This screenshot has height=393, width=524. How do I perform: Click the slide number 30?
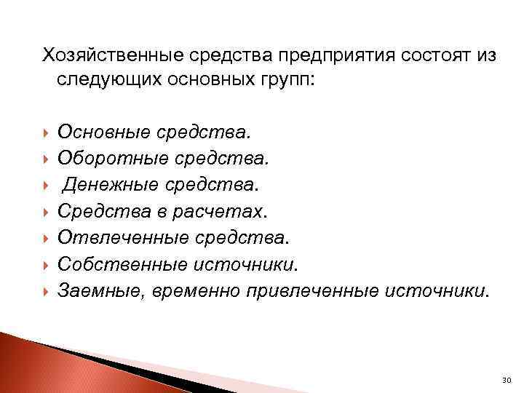[506, 380]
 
